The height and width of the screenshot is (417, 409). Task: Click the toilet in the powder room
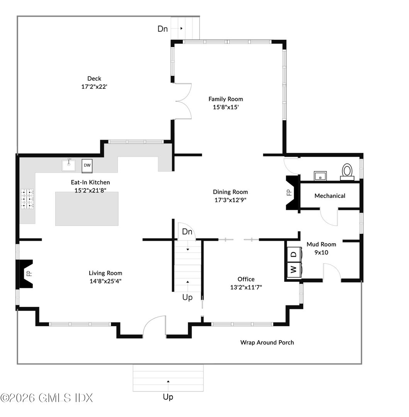[x=347, y=171]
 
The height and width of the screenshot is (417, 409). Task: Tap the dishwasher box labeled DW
[x=87, y=165]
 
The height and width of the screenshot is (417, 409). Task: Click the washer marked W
[x=294, y=269]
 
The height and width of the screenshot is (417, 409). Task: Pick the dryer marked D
[x=294, y=254]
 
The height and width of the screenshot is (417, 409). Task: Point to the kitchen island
[x=87, y=208]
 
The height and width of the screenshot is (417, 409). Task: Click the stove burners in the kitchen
[x=27, y=198]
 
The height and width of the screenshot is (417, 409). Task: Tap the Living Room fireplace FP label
[x=29, y=273]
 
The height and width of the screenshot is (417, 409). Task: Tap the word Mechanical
[x=330, y=196]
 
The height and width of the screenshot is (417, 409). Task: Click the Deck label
[x=94, y=79]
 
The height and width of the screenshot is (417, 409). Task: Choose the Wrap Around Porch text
[x=267, y=342]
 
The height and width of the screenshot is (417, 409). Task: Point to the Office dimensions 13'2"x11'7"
[x=246, y=287]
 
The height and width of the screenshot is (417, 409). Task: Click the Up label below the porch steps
[x=168, y=397]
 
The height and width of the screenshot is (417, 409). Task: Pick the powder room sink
[x=320, y=176]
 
